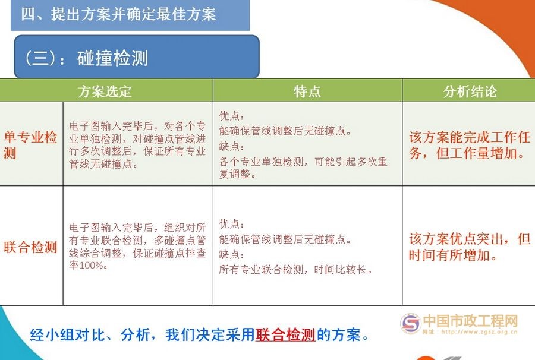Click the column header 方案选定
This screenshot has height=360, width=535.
(105, 91)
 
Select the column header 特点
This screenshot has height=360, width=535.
(307, 91)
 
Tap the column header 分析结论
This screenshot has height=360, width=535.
(470, 91)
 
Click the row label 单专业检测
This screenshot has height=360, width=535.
(30, 146)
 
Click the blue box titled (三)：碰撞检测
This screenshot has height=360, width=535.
(137, 58)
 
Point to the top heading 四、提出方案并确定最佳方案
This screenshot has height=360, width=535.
(118, 14)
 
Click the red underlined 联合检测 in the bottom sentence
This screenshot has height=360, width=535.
(285, 335)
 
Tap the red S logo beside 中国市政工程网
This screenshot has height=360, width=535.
(410, 323)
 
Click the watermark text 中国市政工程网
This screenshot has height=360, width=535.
(470, 321)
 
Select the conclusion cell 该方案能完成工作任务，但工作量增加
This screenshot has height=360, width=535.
(470, 146)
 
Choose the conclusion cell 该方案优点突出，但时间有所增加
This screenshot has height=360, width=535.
(470, 247)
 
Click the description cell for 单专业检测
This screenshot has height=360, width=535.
(137, 145)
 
